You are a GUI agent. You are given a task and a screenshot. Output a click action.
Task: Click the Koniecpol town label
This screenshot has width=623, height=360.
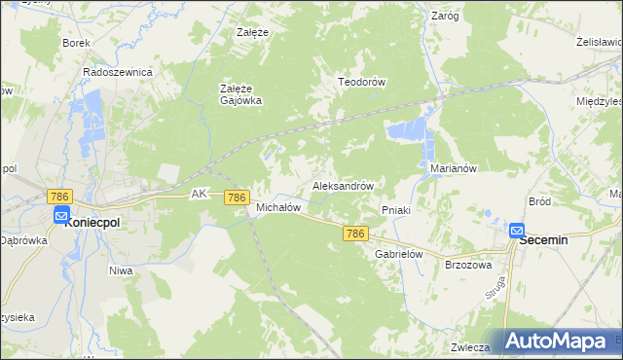92,223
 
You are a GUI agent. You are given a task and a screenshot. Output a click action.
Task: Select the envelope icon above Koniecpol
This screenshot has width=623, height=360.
61,216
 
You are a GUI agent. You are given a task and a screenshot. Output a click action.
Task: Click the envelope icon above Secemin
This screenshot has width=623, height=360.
517,231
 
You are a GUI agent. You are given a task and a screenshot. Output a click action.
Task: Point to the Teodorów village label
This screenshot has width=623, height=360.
362,83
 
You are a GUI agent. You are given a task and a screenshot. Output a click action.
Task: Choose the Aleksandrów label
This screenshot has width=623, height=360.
344,185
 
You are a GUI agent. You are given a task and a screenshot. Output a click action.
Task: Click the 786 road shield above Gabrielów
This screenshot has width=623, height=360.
356,234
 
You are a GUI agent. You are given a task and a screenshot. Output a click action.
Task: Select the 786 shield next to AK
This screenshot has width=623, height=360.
236,197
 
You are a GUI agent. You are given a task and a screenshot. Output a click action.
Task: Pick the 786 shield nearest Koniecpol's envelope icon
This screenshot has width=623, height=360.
60,197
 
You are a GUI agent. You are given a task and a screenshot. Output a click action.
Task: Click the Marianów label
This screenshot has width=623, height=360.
453,168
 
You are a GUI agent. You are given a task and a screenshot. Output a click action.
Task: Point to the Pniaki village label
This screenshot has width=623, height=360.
396,209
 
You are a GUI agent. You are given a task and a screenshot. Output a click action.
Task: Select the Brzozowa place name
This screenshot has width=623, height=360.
468,265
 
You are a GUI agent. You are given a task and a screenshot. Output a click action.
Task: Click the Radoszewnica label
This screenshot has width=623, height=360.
118,72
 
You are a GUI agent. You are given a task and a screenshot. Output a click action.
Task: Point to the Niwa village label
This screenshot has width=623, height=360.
121,270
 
